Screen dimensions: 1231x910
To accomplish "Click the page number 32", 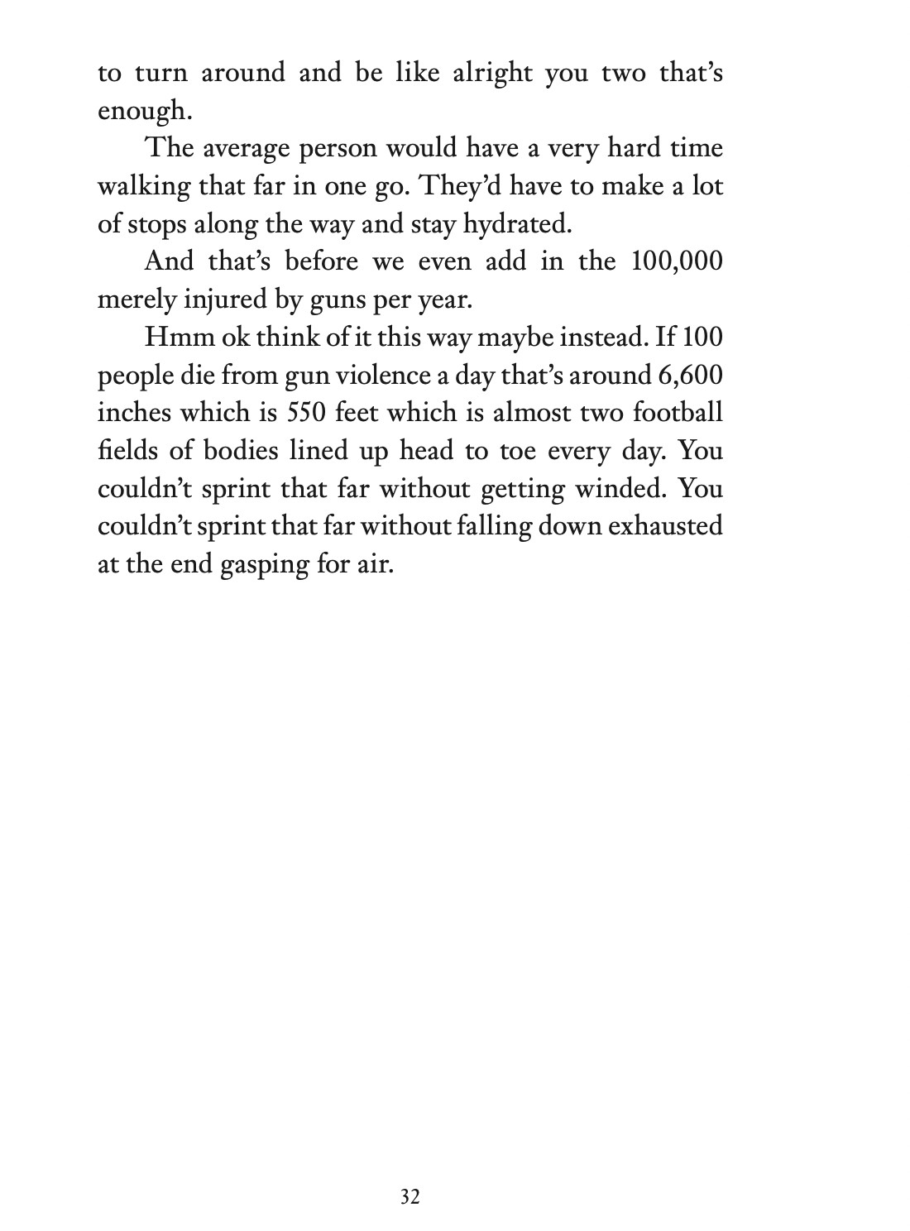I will (409, 1197).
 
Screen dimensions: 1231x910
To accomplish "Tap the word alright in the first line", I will (493, 73).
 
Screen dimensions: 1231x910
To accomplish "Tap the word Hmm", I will (170, 338).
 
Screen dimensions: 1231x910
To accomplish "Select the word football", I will (684, 413).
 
